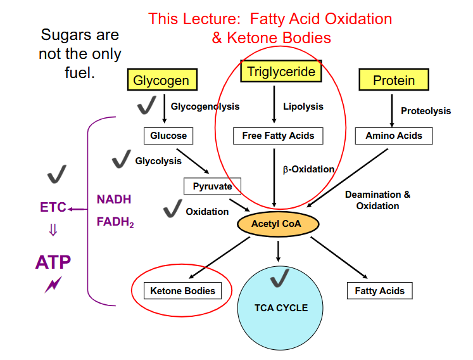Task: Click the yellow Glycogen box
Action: (x=161, y=80)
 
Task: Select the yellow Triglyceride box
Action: (x=281, y=72)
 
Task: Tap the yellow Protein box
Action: (x=394, y=80)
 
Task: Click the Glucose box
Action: (x=168, y=136)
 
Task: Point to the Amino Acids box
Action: (x=394, y=136)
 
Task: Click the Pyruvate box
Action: (x=212, y=187)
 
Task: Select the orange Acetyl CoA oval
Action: (x=278, y=224)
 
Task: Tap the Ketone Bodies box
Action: (x=183, y=291)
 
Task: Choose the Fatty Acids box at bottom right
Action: (x=380, y=291)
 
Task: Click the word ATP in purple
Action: (x=53, y=262)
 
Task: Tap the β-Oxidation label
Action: (x=308, y=169)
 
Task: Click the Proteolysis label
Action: (x=426, y=111)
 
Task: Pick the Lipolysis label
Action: (x=303, y=106)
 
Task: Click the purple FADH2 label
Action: (x=115, y=222)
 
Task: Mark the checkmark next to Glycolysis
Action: (x=120, y=161)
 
